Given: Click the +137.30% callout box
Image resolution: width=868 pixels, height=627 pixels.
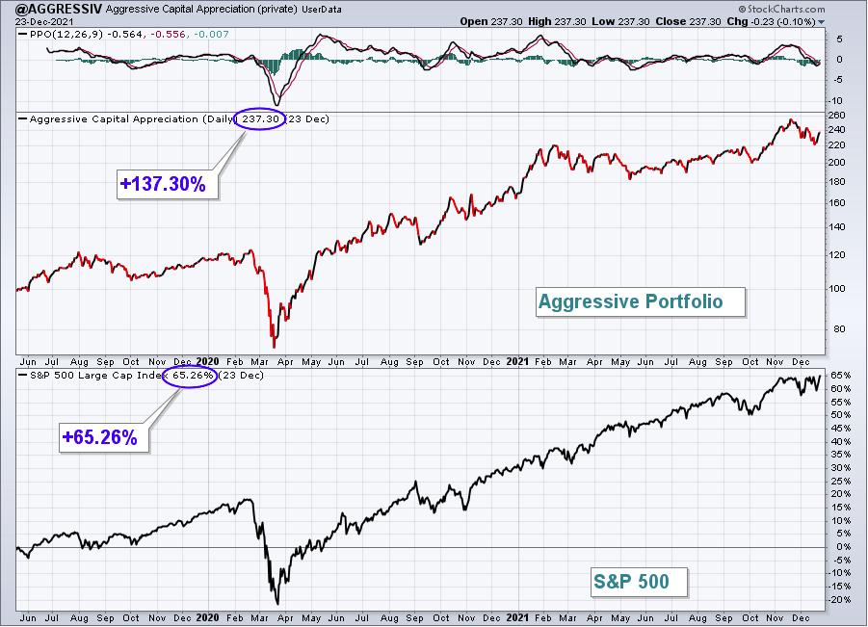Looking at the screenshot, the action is pos(168,184).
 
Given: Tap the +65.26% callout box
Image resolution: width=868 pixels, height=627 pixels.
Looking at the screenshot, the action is pos(103,437).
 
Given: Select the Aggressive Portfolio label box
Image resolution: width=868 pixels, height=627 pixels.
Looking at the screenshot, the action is pos(640,301).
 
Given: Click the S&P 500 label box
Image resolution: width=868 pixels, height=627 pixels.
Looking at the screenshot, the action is pos(639,582).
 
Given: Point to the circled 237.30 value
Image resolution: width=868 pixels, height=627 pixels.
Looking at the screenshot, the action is pos(259,118).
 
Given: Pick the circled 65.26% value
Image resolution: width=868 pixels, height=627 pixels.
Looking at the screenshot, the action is pos(190,376).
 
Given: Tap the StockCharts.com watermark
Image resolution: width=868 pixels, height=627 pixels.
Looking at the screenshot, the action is pos(781,9).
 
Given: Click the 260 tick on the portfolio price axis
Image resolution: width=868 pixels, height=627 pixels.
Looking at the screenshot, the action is pos(837,116).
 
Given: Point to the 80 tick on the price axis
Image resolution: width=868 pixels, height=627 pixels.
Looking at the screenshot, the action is pos(839,329).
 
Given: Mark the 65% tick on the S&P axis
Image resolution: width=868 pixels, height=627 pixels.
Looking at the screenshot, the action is pos(840,376).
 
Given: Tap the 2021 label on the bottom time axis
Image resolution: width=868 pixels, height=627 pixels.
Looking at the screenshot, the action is pos(517,617).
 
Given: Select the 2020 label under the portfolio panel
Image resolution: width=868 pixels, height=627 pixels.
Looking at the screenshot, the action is pos(207,361).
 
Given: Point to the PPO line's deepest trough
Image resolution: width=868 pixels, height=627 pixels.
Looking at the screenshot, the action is pos(276,104).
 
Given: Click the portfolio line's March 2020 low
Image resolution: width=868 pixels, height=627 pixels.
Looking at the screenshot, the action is pos(274,347).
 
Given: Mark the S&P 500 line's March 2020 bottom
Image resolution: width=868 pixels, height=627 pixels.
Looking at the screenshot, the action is pos(277,604).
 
